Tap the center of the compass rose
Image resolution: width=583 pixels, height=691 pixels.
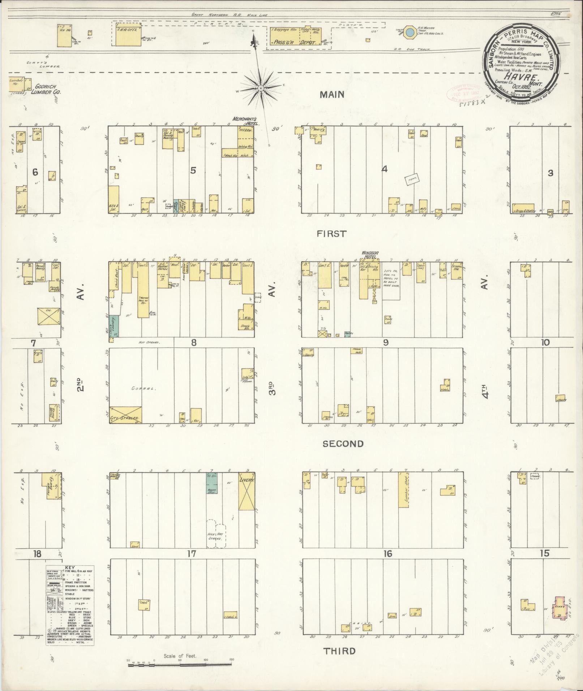pyautogui.click(x=260, y=88)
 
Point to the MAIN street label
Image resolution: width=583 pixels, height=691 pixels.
pyautogui.click(x=332, y=95)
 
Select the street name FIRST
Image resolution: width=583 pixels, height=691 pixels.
pyautogui.click(x=331, y=234)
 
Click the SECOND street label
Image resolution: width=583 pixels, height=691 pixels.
pyautogui.click(x=343, y=444)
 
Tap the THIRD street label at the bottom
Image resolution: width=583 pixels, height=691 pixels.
pyautogui.click(x=339, y=651)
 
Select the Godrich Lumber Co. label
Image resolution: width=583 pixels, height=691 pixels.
pyautogui.click(x=48, y=89)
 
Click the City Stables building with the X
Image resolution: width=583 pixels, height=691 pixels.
pyautogui.click(x=125, y=414)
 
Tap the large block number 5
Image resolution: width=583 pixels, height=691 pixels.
pyautogui.click(x=193, y=170)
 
